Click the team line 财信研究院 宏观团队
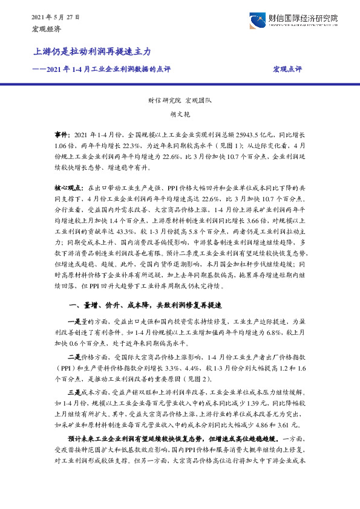point(180,102)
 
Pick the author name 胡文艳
point(180,114)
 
